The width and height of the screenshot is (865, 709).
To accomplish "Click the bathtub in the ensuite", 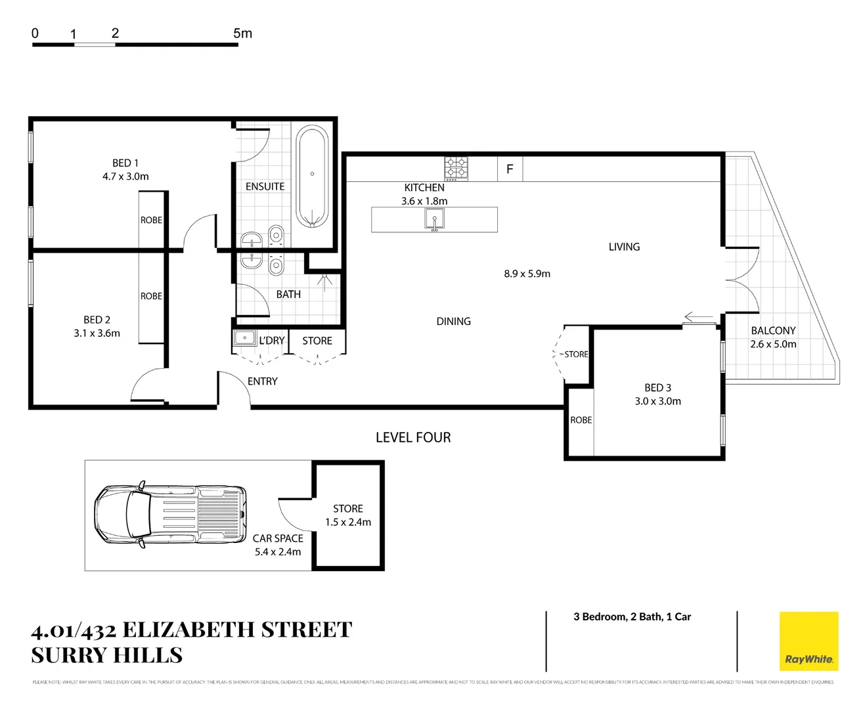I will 312,177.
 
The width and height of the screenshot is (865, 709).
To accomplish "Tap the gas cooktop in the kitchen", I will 456,169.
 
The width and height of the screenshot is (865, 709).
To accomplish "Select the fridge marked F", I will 510,169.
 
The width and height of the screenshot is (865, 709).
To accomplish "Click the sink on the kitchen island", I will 434,219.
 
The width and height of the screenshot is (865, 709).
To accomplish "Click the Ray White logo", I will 809,641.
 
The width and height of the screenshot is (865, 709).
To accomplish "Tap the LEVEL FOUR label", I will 413,437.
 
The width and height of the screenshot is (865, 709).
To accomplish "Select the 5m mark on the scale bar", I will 242,33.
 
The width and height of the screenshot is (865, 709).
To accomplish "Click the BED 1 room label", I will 125,163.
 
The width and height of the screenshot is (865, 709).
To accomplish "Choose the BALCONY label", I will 773,330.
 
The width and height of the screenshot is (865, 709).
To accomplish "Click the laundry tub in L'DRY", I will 245,339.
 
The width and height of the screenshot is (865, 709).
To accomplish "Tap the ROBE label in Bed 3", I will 581,420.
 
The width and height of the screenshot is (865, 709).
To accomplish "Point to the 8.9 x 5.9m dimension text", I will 527,274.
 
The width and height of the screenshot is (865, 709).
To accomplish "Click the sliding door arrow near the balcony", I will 699,317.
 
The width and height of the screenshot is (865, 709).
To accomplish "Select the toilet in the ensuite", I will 277,234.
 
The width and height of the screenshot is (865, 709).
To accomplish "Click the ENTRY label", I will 262,381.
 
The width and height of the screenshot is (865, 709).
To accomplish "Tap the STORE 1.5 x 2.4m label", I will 347,515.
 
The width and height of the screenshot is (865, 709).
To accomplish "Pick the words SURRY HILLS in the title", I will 107,655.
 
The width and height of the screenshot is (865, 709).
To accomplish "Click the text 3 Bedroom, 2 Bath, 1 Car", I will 632,616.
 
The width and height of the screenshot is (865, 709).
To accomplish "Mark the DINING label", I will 453,321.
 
